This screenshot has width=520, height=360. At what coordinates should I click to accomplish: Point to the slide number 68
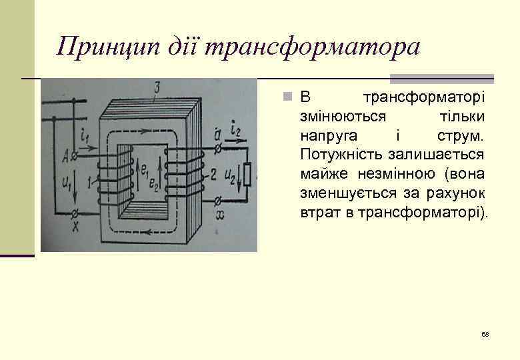click(x=485, y=334)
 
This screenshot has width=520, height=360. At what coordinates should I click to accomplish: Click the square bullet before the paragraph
click(x=285, y=98)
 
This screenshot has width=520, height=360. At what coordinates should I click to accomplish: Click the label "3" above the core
click(x=156, y=87)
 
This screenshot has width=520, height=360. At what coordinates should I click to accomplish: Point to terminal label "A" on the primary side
click(x=65, y=157)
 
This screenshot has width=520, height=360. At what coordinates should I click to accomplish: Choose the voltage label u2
click(x=231, y=175)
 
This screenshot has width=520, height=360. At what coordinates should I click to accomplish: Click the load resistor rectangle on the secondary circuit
click(x=248, y=175)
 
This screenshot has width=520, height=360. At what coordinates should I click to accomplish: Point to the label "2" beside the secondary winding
click(x=212, y=176)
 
